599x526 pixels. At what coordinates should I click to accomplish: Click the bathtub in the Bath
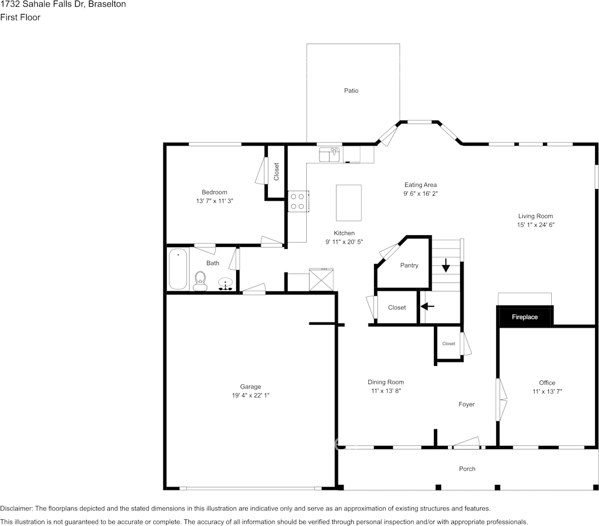coord(178,269)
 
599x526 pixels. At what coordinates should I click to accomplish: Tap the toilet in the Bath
coord(200,280)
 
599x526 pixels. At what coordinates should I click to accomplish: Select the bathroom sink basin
coord(226,284)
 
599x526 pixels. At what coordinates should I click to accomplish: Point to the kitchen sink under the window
coord(330,154)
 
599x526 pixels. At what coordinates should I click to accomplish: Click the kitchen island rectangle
coord(348,203)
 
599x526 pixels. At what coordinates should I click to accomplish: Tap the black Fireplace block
coord(525,317)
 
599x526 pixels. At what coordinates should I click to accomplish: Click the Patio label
coord(351,91)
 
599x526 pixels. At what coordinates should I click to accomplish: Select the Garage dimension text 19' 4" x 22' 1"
coord(251,395)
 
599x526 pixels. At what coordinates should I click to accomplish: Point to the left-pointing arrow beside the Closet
coord(427,306)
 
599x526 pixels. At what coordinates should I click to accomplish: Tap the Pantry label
coord(409,266)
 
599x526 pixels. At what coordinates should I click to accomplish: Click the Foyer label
coord(467,404)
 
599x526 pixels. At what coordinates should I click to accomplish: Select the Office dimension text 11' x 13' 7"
coord(547,391)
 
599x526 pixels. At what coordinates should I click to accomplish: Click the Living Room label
coord(536,216)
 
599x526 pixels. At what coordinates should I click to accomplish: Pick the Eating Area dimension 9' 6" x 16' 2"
coord(420,194)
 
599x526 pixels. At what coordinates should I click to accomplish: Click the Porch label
coord(467,469)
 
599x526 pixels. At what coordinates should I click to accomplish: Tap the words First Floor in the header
coord(20,17)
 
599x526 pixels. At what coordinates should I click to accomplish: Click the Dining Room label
coord(386,382)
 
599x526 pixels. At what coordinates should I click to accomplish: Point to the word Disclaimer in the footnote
coord(17,509)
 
